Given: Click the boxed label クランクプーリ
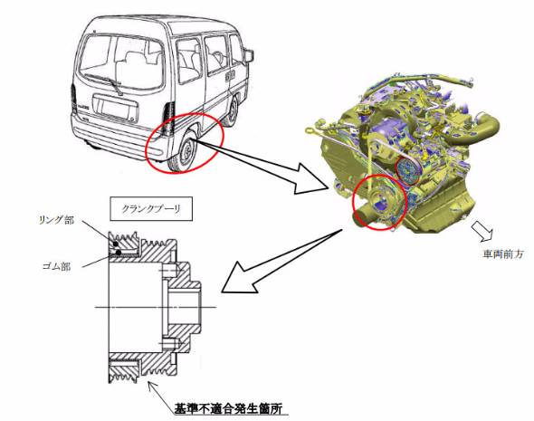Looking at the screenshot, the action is pos(151,209).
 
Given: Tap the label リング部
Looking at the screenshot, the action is pos(56,220).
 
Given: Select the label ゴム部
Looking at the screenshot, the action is pos(56,266).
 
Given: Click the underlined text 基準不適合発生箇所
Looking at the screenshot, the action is pos(228,408).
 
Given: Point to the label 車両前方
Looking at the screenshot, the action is pos(503,254).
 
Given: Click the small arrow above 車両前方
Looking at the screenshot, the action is pos(482,232).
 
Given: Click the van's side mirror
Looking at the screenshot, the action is pos(249,55).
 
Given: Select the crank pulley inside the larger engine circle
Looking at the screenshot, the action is pos(378,203).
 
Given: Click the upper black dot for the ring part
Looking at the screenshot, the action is pos(116,244).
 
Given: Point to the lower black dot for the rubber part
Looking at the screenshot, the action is pos(119,253).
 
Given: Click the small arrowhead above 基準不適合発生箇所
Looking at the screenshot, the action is pos(151,386).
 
